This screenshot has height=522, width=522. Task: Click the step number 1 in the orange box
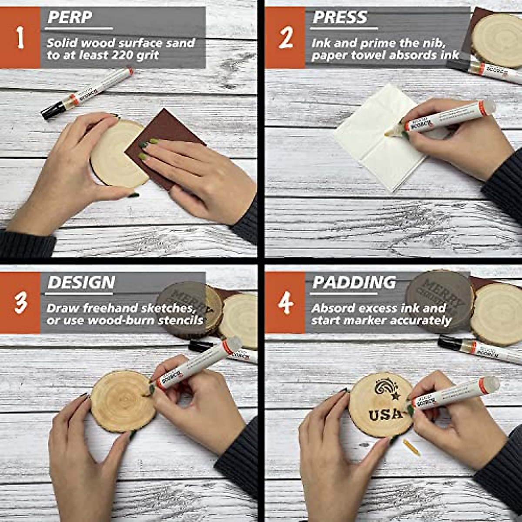pos(20,37)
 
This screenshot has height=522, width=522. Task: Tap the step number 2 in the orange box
pos(285,38)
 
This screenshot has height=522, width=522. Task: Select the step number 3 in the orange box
pos(20,303)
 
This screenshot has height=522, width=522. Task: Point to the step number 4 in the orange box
pos(285,303)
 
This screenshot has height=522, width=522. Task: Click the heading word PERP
pos(70,17)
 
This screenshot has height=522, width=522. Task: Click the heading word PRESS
pos(340,17)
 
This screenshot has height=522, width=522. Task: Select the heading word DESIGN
pos(81,282)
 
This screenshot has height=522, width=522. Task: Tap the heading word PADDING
pos(354,282)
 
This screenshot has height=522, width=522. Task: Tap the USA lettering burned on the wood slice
pos(386,414)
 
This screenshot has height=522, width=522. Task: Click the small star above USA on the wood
pos(395,396)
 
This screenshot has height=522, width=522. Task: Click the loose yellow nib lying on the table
pos(411,447)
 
